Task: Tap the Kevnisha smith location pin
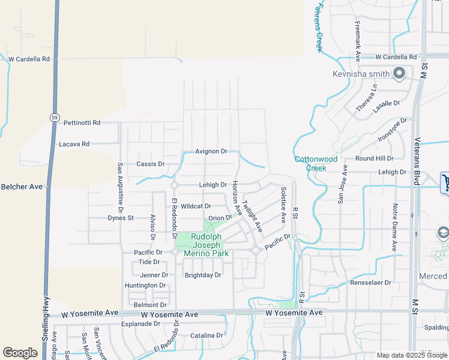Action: coord(399,74)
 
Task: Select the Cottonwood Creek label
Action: coord(316,163)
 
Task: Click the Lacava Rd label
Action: coord(74,144)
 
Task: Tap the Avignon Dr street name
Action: coord(211,152)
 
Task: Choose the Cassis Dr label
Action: coord(150,164)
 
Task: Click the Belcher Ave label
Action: coord(22,187)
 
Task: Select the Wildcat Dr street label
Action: coord(196,206)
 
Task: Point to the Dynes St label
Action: coord(121,218)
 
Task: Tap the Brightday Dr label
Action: coord(203,275)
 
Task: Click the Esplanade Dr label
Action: coord(139,323)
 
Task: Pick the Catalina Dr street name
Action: coord(206,335)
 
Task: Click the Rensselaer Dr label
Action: coord(371,282)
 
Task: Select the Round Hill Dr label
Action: coord(373,158)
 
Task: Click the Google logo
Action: coord(20,353)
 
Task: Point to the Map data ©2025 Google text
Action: coord(411,355)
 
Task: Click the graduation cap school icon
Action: coord(443,233)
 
